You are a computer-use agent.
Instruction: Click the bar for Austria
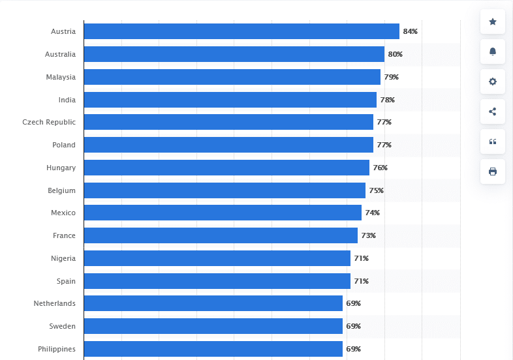pos(241,31)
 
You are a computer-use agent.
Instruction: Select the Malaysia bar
pos(232,77)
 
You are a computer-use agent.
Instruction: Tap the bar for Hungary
pos(226,168)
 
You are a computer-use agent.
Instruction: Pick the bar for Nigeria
pos(217,258)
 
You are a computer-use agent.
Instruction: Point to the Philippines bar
pos(213,349)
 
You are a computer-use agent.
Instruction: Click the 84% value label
pos(410,31)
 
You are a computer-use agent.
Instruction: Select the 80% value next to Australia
pos(395,54)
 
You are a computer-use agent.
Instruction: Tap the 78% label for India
pos(387,100)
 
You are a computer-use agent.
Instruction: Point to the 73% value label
pos(368,235)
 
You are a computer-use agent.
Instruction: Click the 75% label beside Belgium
pos(376,190)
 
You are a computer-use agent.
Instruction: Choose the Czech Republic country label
pos(49,122)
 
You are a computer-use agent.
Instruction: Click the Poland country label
pos(64,145)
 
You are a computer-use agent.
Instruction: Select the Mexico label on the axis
pos(63,213)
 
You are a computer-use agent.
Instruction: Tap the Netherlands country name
pos(55,303)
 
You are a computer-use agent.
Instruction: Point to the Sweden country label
pos(62,326)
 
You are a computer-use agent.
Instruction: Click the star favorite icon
pos(493,22)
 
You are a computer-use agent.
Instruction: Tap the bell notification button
pos(493,52)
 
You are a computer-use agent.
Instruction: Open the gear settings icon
pos(493,82)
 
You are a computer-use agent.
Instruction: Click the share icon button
pos(493,112)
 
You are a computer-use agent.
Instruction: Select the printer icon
pos(493,172)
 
